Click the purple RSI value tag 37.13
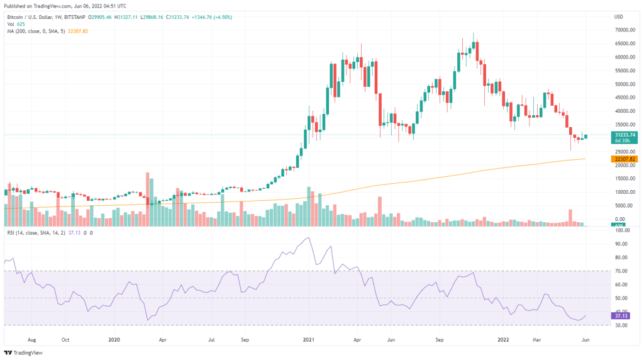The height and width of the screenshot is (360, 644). [619, 316]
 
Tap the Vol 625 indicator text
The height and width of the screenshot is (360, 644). [15, 24]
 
